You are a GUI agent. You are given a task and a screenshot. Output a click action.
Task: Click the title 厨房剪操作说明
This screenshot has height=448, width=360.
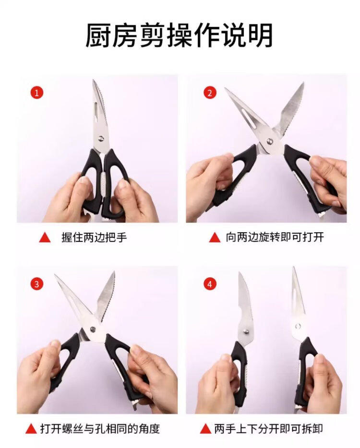click(179, 35)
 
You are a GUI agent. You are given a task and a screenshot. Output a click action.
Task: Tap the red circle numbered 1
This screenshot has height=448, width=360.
click(37, 93)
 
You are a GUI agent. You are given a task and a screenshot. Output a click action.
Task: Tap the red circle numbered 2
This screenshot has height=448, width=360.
click(210, 93)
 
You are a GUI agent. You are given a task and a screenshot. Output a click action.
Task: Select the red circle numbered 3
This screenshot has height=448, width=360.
click(37, 284)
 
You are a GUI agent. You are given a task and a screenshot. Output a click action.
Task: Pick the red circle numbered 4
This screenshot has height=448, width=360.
click(210, 284)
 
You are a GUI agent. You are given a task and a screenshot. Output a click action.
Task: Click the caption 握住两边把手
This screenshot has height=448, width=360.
click(94, 237)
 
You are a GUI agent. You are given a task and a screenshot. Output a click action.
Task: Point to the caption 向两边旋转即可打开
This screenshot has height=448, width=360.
click(275, 237)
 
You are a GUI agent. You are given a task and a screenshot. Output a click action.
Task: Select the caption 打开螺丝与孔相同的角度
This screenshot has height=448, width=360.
click(100, 428)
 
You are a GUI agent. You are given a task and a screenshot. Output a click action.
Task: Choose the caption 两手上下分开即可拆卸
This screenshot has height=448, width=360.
click(269, 428)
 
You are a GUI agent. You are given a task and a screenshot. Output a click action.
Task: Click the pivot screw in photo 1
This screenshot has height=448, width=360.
click(101, 139)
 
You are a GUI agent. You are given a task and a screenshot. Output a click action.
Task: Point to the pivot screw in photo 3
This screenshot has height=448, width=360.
click(93, 329)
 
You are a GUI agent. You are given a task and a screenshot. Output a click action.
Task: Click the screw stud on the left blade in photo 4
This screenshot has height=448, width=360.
click(246, 331)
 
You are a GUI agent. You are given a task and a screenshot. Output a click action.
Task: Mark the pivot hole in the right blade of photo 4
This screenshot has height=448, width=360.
click(298, 326)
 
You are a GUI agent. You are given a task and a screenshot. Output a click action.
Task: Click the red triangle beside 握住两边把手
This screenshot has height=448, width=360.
click(45, 237)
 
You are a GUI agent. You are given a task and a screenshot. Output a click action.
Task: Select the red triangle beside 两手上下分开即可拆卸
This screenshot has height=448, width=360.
click(205, 429)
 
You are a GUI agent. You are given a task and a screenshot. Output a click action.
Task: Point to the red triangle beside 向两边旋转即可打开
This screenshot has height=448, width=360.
click(215, 237)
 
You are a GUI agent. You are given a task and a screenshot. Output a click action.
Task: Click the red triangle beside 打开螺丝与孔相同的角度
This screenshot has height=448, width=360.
click(31, 429)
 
